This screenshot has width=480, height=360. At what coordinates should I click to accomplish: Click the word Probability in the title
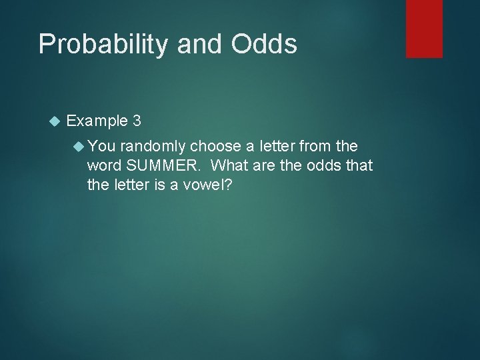point(103,44)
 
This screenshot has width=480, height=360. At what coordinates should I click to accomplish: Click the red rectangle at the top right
point(424,28)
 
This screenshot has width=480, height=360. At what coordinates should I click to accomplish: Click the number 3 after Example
point(137,121)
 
